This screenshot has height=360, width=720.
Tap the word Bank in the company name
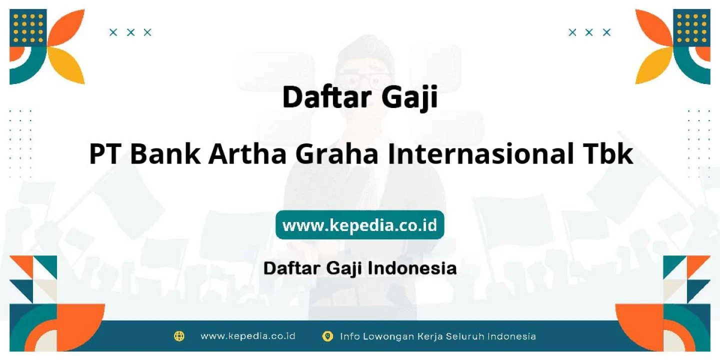[x=165, y=153]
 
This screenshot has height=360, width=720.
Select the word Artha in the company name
[x=247, y=153]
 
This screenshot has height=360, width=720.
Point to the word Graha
[x=337, y=153]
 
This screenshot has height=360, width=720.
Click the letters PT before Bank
[x=105, y=153]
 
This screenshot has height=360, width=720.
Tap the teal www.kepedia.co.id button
[x=359, y=224]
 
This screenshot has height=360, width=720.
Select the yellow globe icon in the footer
[x=179, y=336]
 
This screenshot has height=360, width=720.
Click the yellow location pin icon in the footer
[x=327, y=336]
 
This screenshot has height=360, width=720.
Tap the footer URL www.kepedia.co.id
[x=248, y=336]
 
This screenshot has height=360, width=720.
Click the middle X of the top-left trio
[x=130, y=32]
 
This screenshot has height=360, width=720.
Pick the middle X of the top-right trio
[x=589, y=32]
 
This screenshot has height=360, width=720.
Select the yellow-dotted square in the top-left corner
[x=28, y=28]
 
